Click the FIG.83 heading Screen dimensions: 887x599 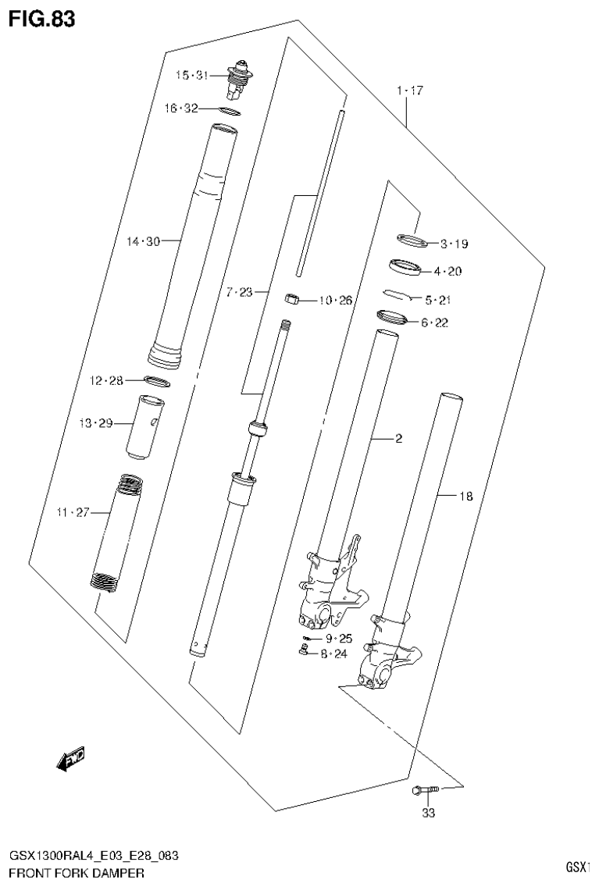[42, 20]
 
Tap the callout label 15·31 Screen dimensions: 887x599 [191, 76]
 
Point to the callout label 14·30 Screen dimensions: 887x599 [143, 242]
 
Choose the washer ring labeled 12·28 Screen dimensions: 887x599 [159, 381]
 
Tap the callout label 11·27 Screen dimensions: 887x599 [72, 512]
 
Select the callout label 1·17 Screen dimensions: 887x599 [409, 91]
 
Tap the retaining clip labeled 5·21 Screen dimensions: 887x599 [400, 295]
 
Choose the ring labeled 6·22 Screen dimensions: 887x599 [392, 317]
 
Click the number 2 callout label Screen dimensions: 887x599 [398, 439]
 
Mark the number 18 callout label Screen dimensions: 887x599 [465, 495]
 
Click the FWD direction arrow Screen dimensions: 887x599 [72, 757]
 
